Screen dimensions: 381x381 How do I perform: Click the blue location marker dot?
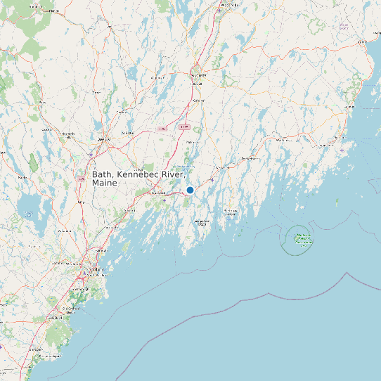[190, 190]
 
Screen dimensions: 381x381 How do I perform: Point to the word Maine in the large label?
[105, 183]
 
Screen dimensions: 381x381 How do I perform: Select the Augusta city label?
[198, 74]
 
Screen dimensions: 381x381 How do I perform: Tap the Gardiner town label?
[198, 100]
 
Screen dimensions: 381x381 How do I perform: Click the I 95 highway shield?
[162, 129]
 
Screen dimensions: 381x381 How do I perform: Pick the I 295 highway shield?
[184, 127]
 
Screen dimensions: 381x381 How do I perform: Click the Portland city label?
[92, 270]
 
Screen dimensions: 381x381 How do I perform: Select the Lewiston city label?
[68, 134]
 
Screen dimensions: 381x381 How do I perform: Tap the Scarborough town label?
[79, 289]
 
